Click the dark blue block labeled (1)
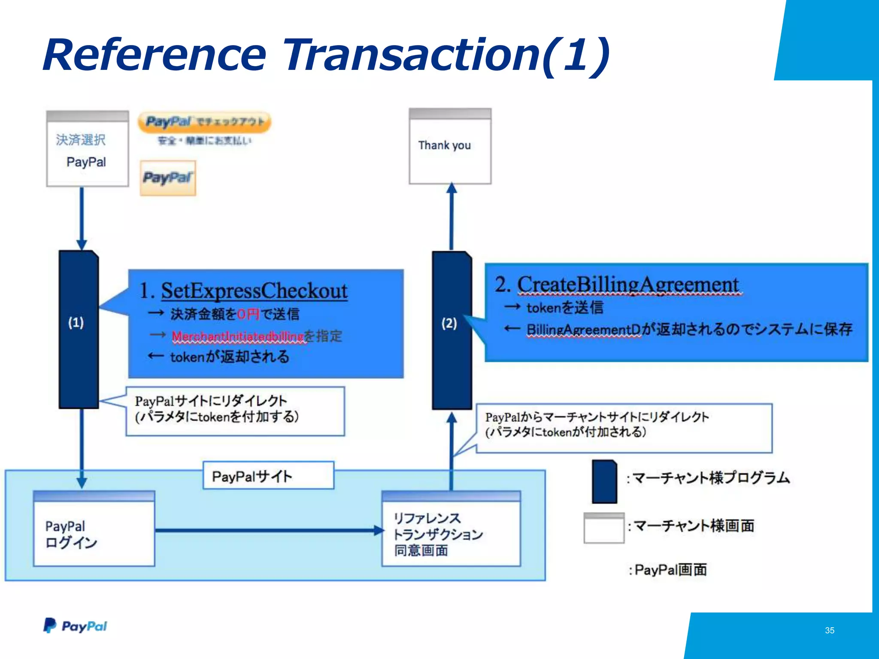(79, 329)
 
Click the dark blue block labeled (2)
(452, 330)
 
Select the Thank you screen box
(450, 147)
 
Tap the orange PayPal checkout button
(204, 122)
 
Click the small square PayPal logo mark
(168, 178)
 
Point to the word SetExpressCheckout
(254, 291)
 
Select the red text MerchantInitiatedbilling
(238, 336)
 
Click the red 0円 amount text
(248, 314)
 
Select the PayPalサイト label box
(268, 476)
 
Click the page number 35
(829, 630)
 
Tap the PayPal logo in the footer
(76, 626)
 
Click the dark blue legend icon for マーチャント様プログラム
(604, 482)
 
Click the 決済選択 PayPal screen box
(88, 149)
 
